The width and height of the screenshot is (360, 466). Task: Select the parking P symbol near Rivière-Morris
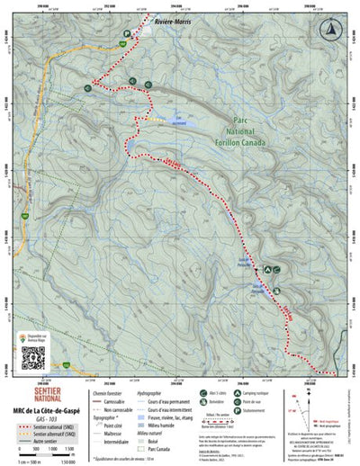pos(127,32)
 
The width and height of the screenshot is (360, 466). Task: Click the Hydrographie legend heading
pos(162,393)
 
